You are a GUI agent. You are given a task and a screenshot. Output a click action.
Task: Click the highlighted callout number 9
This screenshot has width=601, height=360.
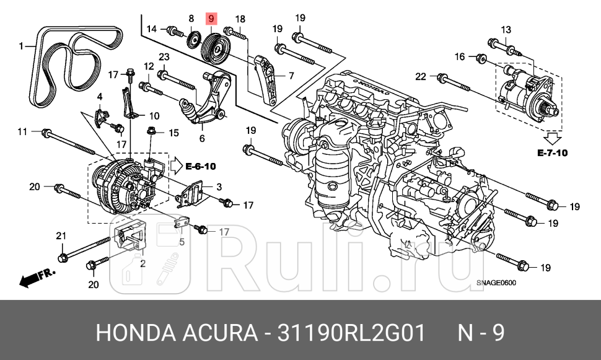(211, 20)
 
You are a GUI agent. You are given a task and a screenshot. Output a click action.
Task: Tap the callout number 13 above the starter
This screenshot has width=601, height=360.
(506, 30)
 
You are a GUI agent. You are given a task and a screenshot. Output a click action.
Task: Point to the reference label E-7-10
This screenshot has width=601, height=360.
(552, 152)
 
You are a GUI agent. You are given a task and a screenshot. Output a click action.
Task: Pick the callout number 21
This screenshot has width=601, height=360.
(61, 235)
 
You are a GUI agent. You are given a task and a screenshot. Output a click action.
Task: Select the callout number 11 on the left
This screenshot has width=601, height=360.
(22, 131)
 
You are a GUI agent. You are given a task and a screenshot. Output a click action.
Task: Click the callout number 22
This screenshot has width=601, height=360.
(421, 77)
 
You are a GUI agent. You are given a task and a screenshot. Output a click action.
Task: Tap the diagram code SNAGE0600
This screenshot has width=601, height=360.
(496, 284)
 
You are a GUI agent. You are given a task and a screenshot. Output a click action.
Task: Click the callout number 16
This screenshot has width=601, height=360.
(460, 57)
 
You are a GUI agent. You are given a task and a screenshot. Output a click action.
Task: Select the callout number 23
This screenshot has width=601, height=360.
(164, 58)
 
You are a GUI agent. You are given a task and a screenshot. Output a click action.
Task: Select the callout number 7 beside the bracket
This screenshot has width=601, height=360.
(290, 76)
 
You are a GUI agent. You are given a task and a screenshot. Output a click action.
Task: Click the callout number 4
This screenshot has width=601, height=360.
(99, 97)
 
